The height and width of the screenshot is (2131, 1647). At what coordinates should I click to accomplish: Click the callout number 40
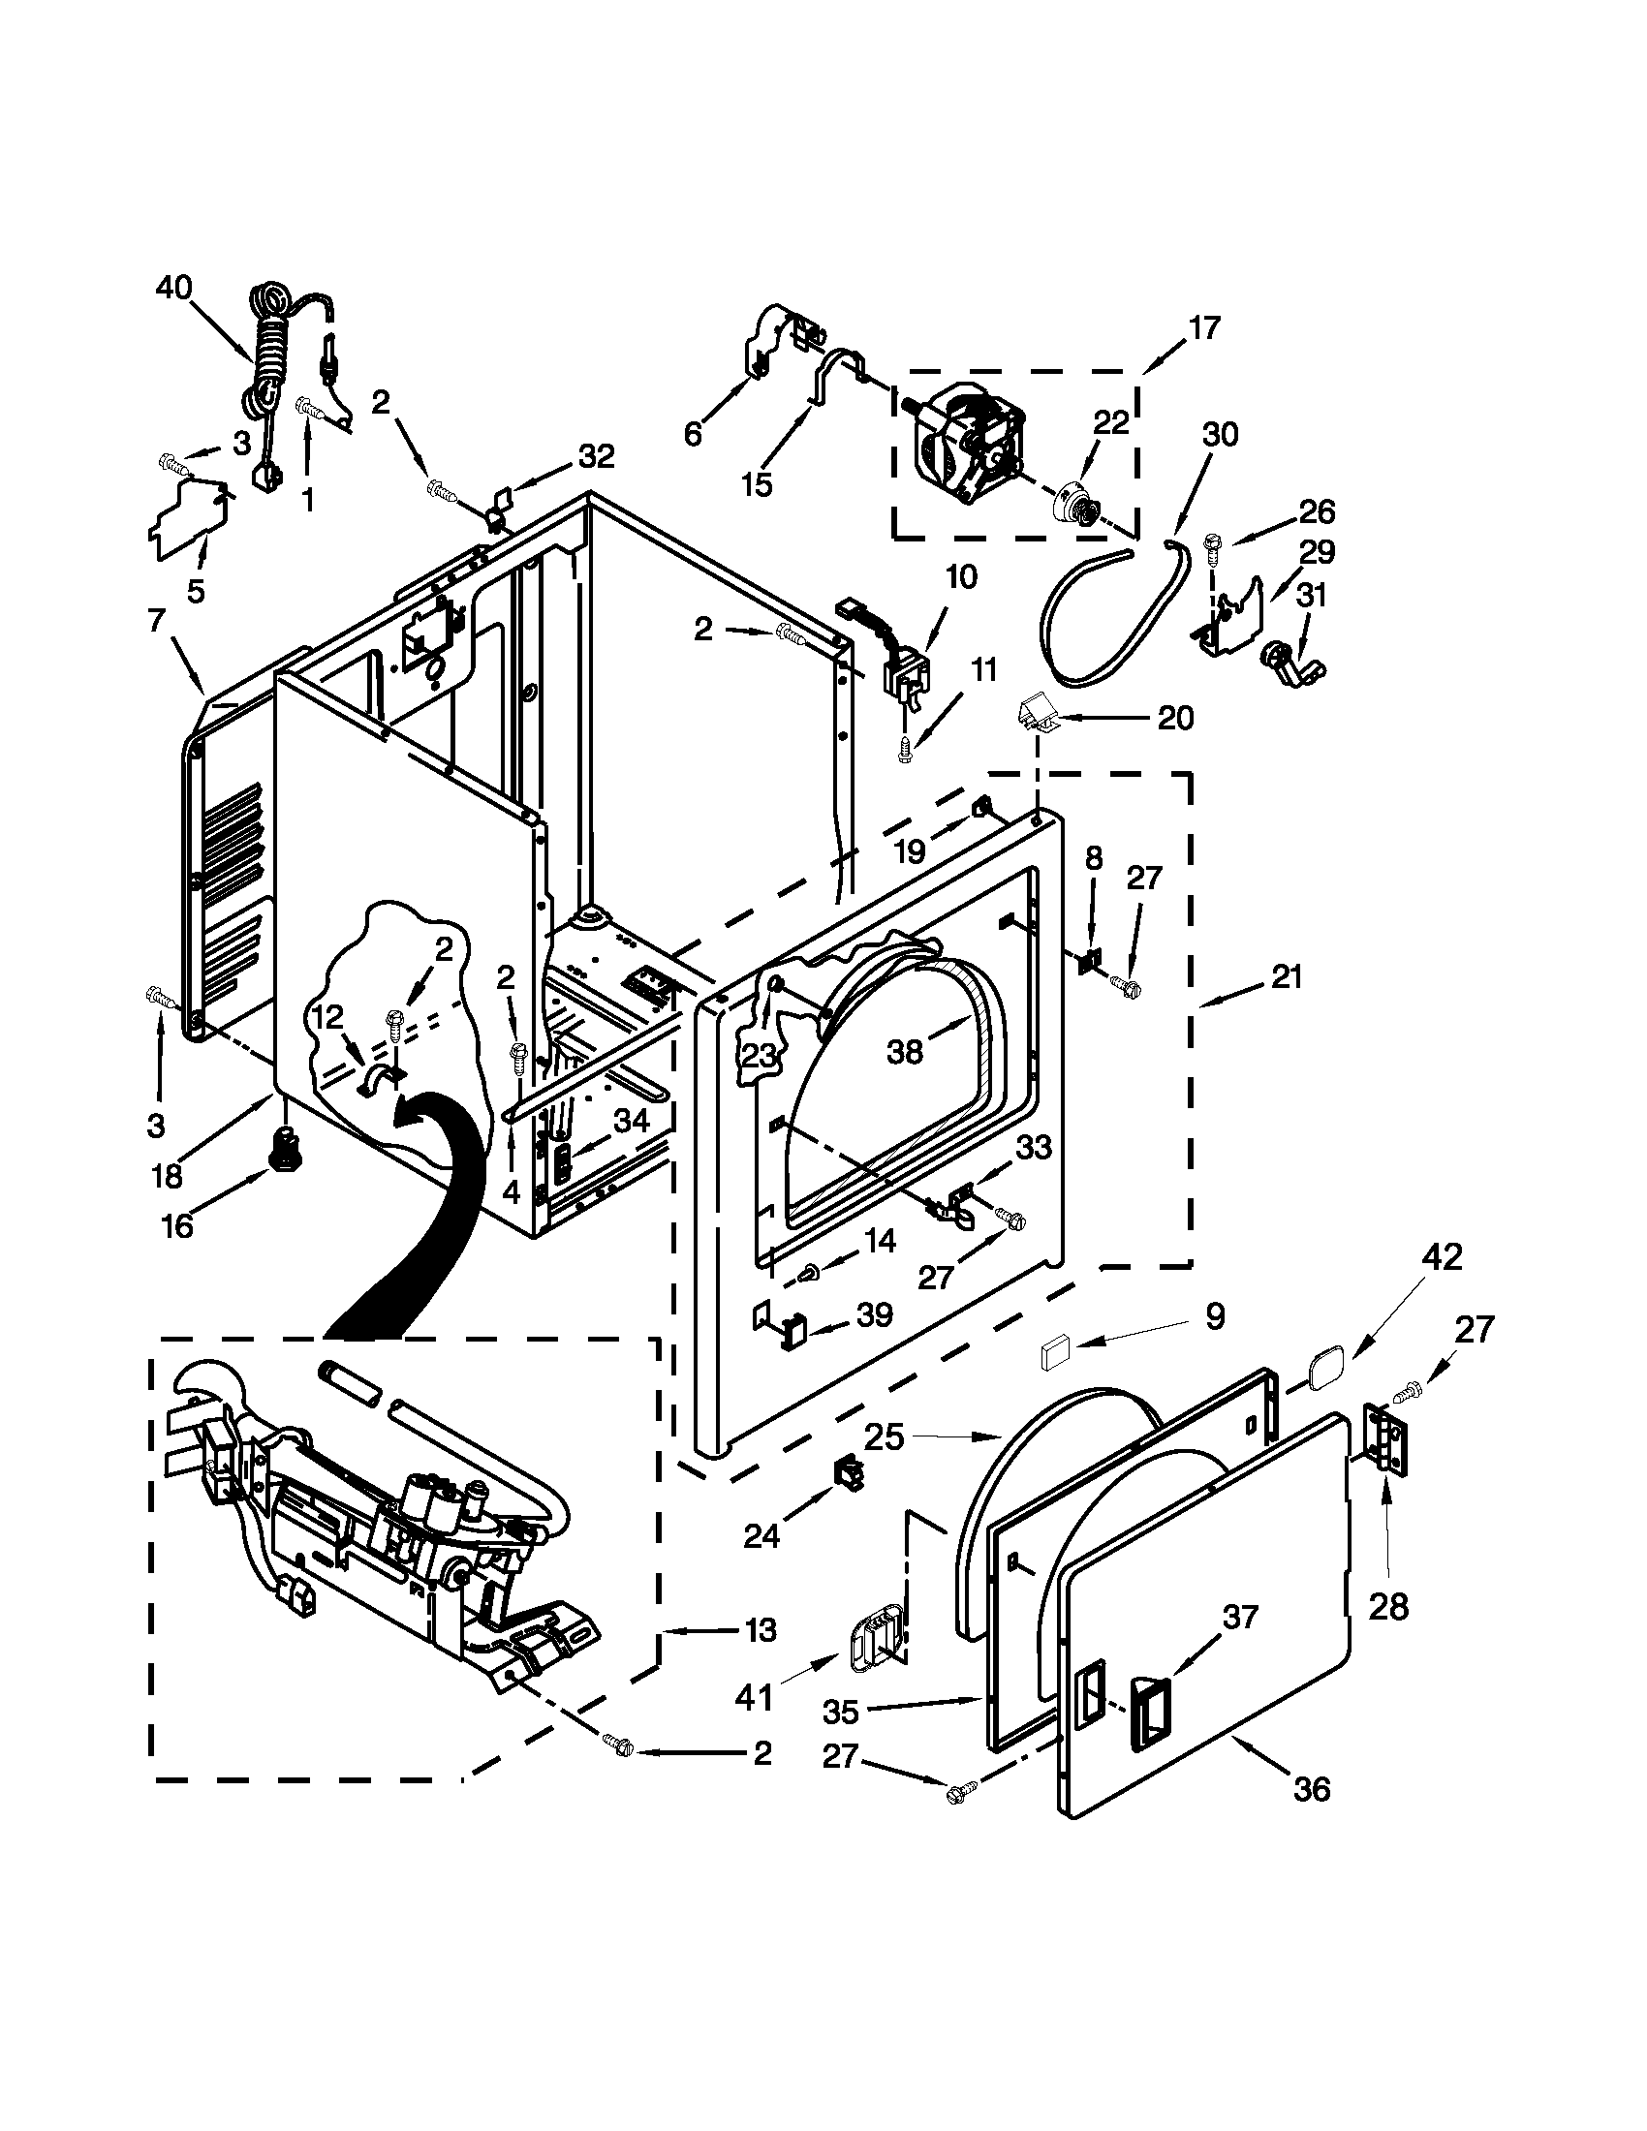coord(174,288)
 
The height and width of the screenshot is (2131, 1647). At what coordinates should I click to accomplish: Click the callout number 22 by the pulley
coord(1110,422)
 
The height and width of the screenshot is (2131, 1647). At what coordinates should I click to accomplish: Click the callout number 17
coord(1204,327)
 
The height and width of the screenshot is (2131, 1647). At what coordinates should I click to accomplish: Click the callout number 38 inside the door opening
coord(905,1052)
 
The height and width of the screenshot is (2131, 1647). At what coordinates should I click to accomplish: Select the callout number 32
coord(596,454)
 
